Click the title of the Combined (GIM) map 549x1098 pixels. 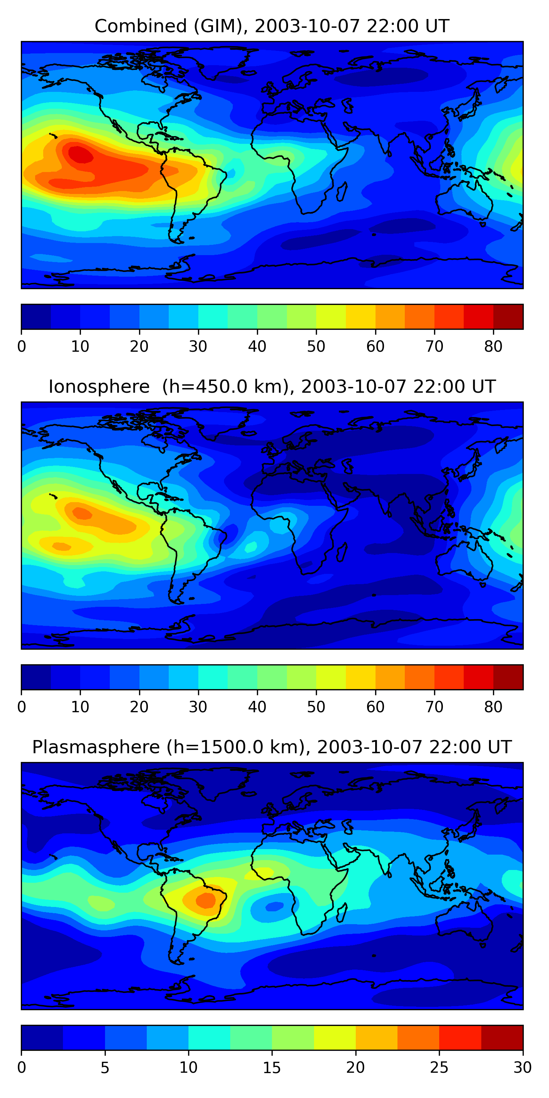tap(272, 26)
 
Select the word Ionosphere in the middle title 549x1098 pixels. tap(99, 386)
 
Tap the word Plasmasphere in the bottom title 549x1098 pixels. tap(96, 747)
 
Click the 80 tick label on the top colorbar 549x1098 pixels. tap(493, 347)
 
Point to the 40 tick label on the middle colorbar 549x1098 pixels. tap(257, 707)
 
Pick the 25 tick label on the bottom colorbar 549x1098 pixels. tap(439, 1068)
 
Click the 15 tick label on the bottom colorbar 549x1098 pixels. tap(272, 1068)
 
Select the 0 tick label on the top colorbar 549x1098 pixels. tap(22, 347)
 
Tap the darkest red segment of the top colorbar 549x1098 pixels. tap(508, 317)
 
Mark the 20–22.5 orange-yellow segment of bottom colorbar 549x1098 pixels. tap(376, 1038)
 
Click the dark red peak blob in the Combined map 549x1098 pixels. tap(81, 154)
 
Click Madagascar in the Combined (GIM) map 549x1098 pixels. tap(341, 192)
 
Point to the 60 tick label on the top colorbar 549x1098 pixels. tap(375, 347)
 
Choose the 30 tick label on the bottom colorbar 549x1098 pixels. tap(522, 1068)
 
